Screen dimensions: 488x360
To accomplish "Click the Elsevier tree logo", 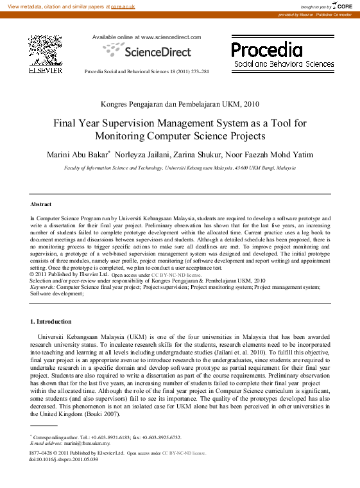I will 45,50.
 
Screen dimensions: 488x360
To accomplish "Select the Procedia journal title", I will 266,50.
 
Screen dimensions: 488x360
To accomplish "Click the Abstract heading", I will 40,204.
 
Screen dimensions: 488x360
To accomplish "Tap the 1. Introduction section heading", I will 51,321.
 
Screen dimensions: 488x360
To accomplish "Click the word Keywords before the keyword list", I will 42,287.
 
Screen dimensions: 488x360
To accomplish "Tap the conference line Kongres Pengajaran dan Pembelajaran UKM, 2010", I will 180,103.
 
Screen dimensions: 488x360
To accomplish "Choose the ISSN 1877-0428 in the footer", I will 42,453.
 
